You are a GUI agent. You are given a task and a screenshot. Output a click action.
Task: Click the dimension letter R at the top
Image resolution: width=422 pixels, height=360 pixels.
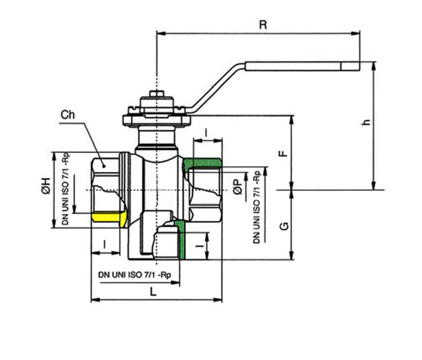pyautogui.click(x=263, y=25)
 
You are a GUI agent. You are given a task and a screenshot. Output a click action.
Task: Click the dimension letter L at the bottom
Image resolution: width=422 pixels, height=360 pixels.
pyautogui.click(x=153, y=291)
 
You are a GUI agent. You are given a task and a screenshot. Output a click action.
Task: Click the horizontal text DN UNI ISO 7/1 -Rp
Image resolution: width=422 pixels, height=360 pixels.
pyautogui.click(x=135, y=274)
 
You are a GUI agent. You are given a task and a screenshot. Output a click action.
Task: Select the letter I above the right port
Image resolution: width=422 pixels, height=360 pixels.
pyautogui.click(x=206, y=133)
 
